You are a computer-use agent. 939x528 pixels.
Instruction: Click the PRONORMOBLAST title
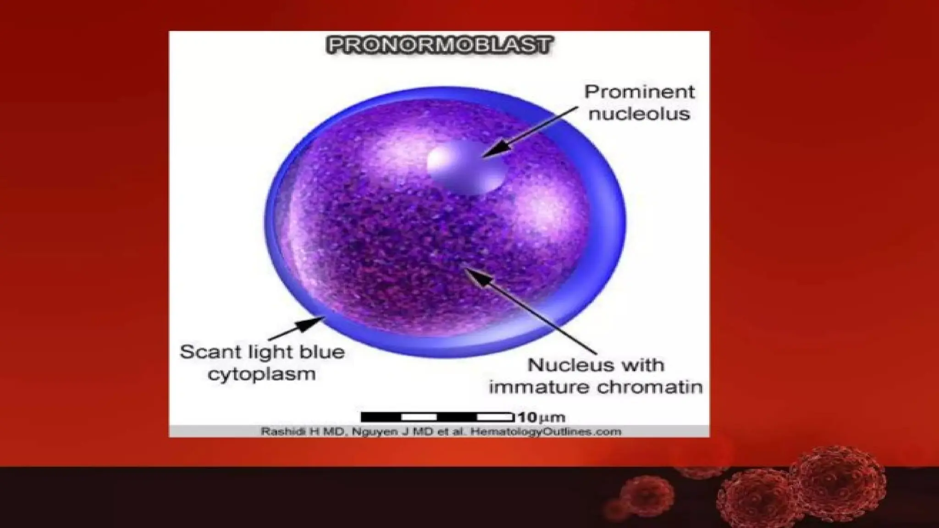pyautogui.click(x=439, y=46)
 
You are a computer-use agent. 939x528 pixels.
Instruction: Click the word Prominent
pyautogui.click(x=639, y=92)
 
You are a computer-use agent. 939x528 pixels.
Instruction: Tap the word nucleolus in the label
pyautogui.click(x=639, y=114)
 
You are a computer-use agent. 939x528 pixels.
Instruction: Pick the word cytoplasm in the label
pyautogui.click(x=262, y=374)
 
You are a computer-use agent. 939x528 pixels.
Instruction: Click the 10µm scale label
pyautogui.click(x=541, y=418)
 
